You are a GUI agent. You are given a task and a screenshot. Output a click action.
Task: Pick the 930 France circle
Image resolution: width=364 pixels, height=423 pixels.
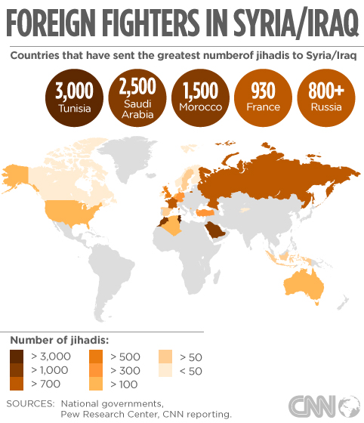tap(264, 97)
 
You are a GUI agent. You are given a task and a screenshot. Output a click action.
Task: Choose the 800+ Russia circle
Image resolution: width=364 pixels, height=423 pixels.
tap(326, 97)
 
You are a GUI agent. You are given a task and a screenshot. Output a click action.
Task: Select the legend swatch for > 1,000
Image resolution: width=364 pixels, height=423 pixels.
tap(17, 369)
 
